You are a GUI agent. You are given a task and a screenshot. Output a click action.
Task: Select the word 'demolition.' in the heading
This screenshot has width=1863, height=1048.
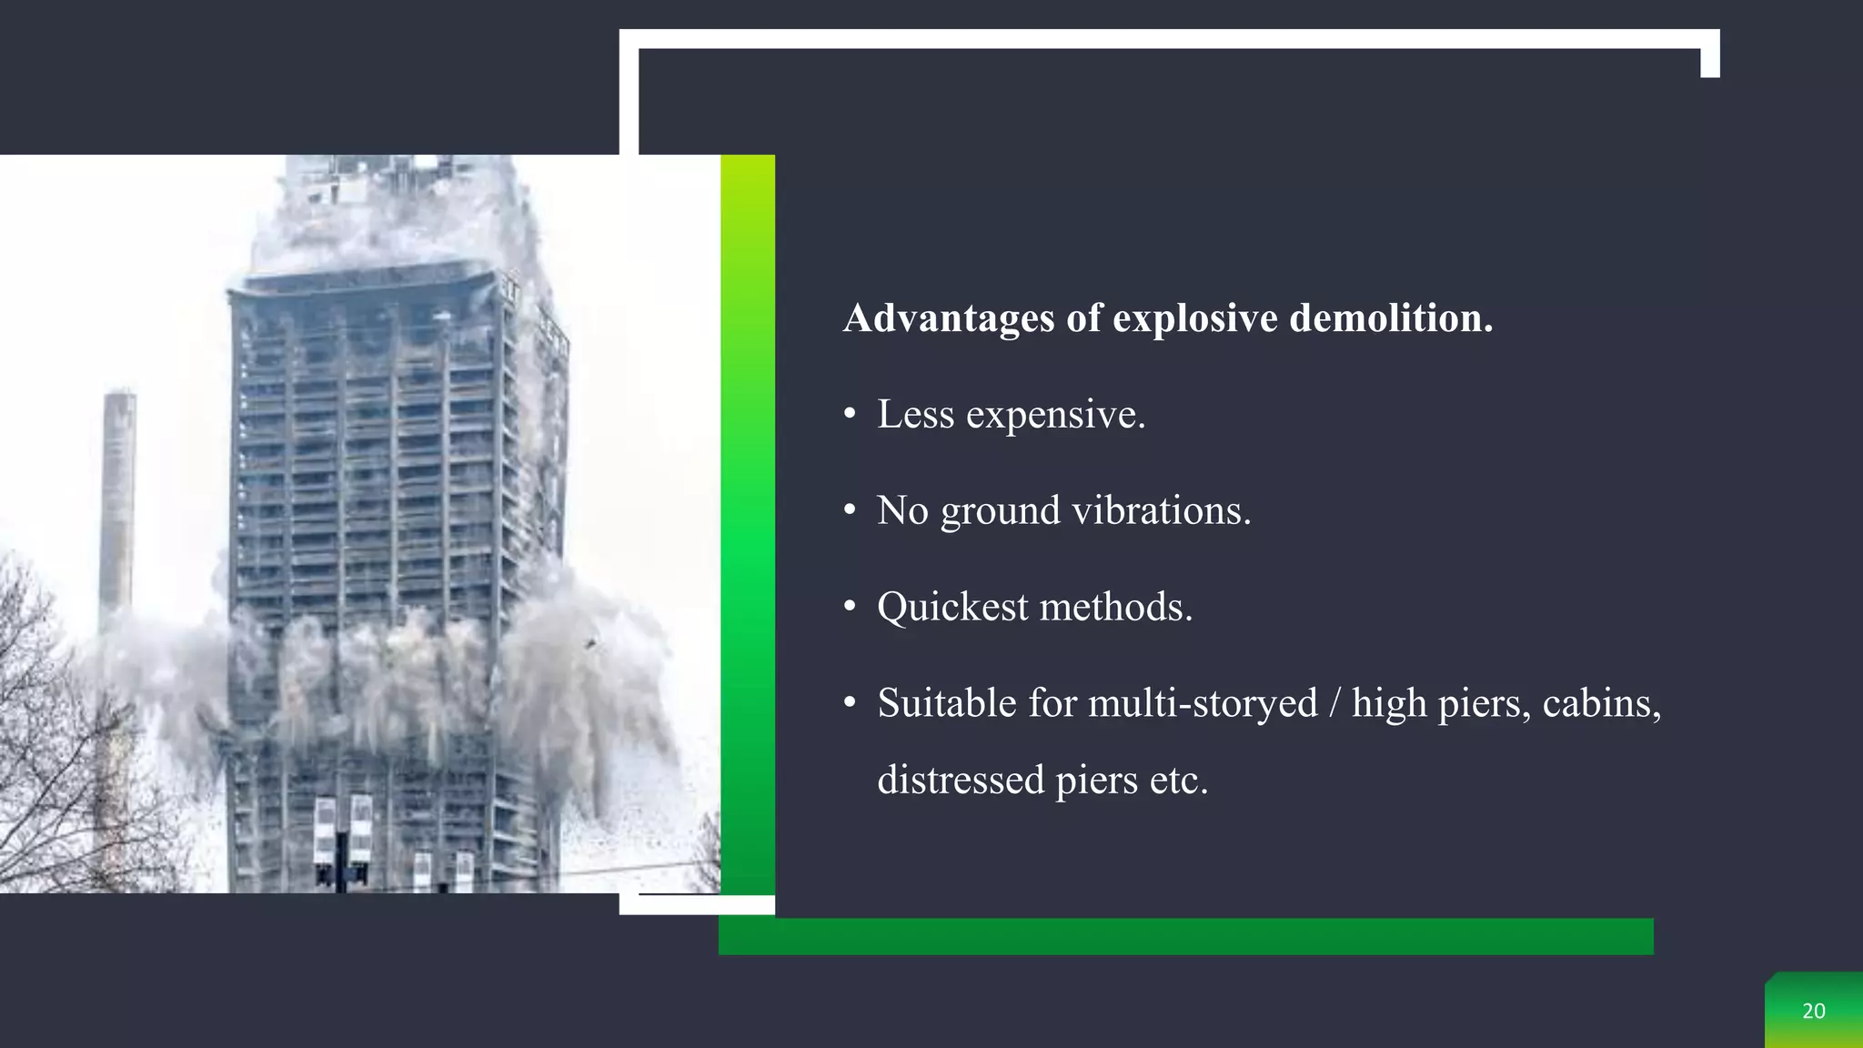(1391, 318)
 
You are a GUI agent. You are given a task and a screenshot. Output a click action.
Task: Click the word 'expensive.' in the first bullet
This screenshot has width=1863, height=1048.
(1055, 415)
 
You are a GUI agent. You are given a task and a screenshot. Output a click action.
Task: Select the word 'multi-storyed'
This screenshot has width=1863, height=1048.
(1203, 703)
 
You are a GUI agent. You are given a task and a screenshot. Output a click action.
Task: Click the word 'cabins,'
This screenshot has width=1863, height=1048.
(1602, 703)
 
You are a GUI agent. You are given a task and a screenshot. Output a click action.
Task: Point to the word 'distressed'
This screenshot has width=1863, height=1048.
(961, 780)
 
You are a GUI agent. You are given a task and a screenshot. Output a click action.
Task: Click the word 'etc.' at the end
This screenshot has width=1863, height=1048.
(1179, 780)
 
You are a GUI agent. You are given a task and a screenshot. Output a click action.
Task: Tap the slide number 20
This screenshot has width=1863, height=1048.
(1814, 1011)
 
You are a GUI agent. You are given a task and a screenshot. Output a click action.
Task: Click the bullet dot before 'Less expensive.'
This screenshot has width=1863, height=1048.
(850, 416)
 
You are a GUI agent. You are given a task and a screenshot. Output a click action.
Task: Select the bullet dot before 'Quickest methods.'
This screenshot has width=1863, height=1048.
(850, 608)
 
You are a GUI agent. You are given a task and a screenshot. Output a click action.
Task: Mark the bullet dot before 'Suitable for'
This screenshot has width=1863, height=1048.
(850, 704)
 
